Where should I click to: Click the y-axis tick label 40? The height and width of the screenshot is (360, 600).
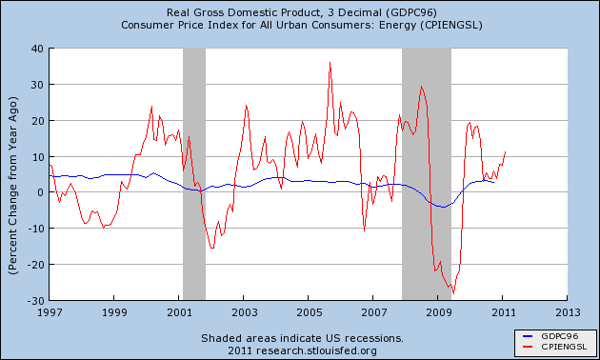pos(37,49)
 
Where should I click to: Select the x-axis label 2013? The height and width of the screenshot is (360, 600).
pos(568,312)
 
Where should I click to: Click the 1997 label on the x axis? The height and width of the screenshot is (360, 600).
pos(50,312)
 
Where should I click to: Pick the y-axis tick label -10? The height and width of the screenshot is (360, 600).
pos(35,229)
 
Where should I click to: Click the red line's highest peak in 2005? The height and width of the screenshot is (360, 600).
pos(330,62)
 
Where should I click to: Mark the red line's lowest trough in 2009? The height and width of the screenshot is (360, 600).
pos(454,294)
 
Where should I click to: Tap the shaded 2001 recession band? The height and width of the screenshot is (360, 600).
pos(194,174)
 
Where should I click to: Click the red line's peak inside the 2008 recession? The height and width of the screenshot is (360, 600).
pos(421,87)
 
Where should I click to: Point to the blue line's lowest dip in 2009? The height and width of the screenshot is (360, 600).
pos(443,207)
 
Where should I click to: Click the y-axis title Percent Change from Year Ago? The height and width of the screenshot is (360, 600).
pos(13,186)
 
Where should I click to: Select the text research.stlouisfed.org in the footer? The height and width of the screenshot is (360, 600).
pos(316,350)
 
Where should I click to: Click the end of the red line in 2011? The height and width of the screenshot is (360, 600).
pos(506,151)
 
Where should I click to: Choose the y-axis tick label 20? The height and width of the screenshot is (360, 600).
pos(37,121)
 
